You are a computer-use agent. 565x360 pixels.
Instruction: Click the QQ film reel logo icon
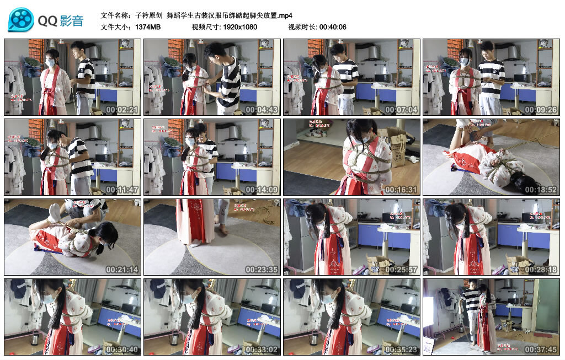[x=21, y=20]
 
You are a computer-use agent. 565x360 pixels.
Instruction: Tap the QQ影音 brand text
[x=61, y=21]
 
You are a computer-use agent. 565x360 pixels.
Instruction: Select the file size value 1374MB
[x=148, y=27]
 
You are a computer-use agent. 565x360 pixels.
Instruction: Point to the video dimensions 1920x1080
[x=240, y=27]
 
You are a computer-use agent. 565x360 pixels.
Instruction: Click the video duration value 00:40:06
[x=333, y=27]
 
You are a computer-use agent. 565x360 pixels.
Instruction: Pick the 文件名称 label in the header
[x=116, y=15]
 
